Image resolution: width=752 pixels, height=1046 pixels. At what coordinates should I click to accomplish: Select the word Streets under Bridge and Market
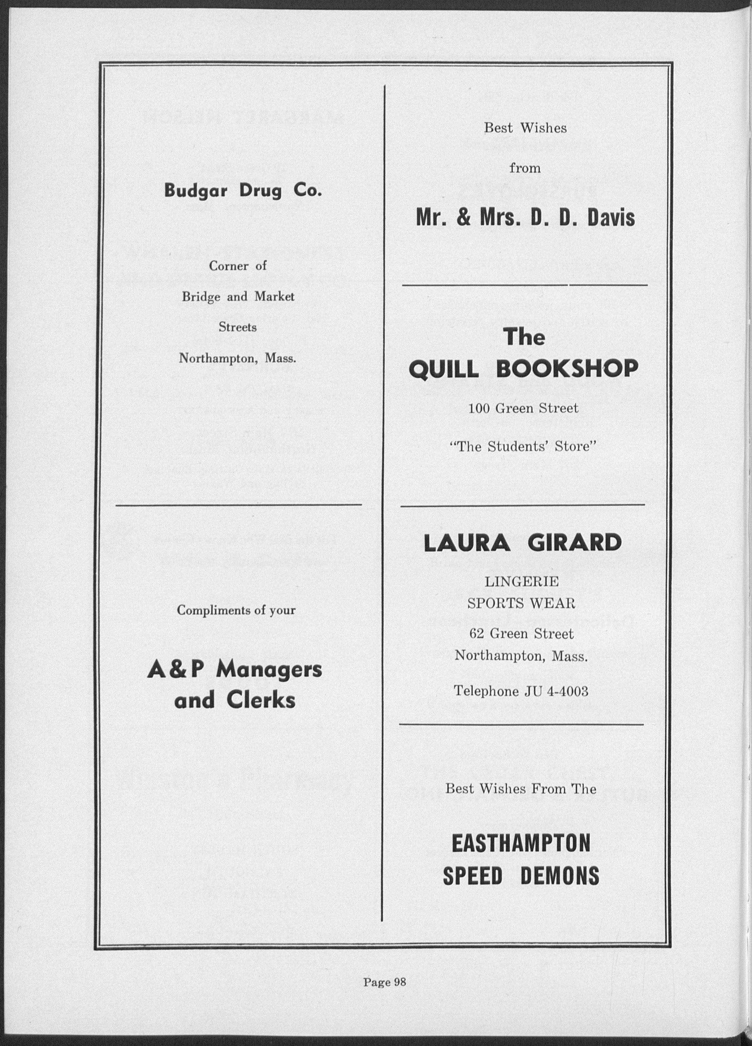pyautogui.click(x=237, y=327)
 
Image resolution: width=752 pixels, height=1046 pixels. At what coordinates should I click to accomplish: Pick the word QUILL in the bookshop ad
pyautogui.click(x=445, y=369)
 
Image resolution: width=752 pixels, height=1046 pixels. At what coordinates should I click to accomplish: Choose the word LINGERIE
pyautogui.click(x=521, y=582)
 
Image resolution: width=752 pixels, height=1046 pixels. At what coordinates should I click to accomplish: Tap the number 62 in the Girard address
pyautogui.click(x=476, y=634)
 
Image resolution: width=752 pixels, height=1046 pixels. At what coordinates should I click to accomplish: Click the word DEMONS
pyautogui.click(x=560, y=875)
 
